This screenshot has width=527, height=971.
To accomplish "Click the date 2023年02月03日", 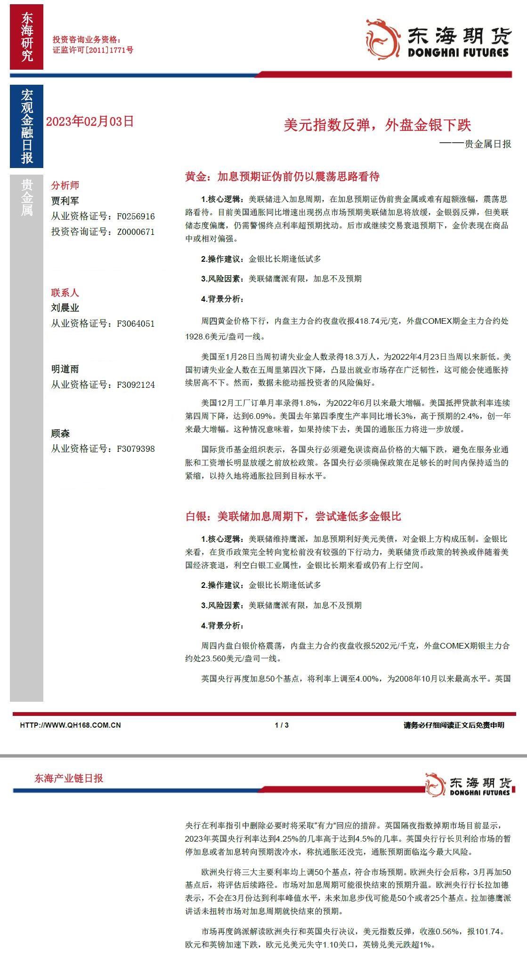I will (x=90, y=121).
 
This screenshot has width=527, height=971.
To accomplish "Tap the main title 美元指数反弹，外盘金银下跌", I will (x=377, y=125).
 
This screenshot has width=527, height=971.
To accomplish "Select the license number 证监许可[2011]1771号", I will (x=93, y=50).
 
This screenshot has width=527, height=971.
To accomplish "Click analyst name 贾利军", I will (x=65, y=201).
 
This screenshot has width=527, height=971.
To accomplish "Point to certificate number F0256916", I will (x=136, y=217).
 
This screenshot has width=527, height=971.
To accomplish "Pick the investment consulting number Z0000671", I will (x=136, y=232).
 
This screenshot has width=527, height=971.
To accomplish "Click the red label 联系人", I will (x=65, y=293).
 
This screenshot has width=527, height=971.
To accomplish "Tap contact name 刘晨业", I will (x=65, y=308).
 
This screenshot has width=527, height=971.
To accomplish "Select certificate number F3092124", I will (x=136, y=385).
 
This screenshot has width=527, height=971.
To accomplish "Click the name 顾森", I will (x=60, y=433).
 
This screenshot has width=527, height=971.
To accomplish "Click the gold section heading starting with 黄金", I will (x=282, y=177).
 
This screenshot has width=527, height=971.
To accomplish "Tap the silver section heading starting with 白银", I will (x=293, y=517).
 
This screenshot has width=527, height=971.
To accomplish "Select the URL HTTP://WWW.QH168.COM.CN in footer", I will (x=70, y=725).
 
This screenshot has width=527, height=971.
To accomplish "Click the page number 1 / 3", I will (x=282, y=725).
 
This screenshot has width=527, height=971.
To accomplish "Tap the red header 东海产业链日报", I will (x=69, y=778).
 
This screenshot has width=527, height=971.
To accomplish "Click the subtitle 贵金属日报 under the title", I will (x=487, y=144).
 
